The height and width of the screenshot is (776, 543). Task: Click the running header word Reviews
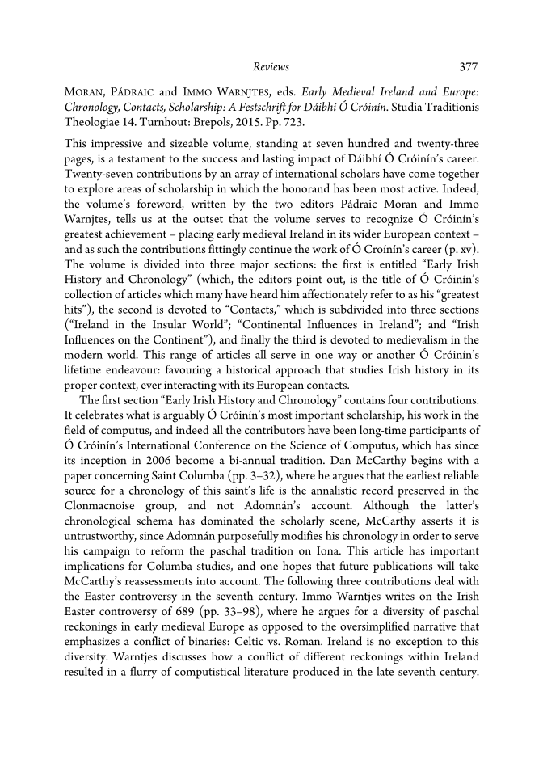[271, 66]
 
